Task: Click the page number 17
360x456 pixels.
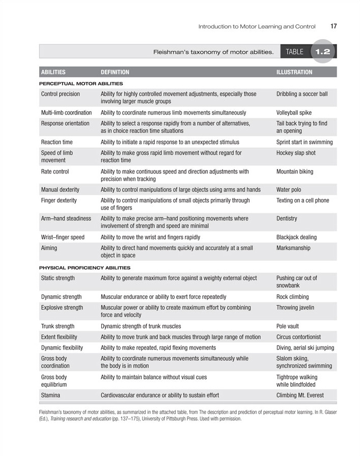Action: [334, 26]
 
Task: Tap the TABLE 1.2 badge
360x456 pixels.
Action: [309, 51]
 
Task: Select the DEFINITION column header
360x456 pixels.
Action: [115, 72]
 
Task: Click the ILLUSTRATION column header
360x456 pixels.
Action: [294, 72]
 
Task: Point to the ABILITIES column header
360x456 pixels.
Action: [53, 72]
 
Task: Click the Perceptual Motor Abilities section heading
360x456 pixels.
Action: [81, 83]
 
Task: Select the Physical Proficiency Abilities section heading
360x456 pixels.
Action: [85, 267]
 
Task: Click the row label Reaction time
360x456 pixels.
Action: [57, 142]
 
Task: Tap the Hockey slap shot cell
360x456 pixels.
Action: [296, 153]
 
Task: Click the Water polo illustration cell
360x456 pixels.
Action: [289, 189]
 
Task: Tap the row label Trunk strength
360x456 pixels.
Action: [58, 326]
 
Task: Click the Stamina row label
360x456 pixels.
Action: [51, 395]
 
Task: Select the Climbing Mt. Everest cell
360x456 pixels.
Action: [300, 395]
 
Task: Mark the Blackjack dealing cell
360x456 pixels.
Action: [296, 237]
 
